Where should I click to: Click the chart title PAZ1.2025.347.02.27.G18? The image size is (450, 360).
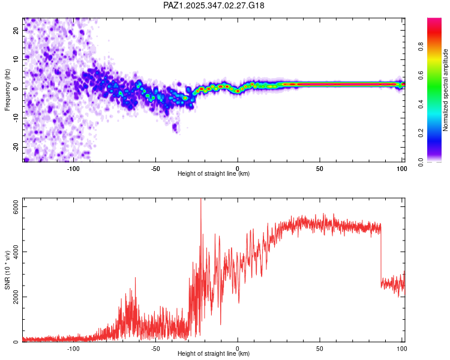point(214,5)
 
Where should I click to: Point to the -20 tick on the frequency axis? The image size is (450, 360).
point(15,147)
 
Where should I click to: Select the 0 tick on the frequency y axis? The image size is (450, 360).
point(17,88)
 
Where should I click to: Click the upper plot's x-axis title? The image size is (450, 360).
point(214,174)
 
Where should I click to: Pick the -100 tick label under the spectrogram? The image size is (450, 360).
point(73,168)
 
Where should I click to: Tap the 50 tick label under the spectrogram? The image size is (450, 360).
point(320,168)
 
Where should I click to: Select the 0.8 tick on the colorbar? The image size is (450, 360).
point(421,46)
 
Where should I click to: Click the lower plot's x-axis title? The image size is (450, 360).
point(214,354)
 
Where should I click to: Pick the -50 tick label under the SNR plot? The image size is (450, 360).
point(155,348)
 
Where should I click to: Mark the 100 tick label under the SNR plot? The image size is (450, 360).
point(401,348)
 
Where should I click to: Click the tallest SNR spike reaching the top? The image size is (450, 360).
point(200,202)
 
